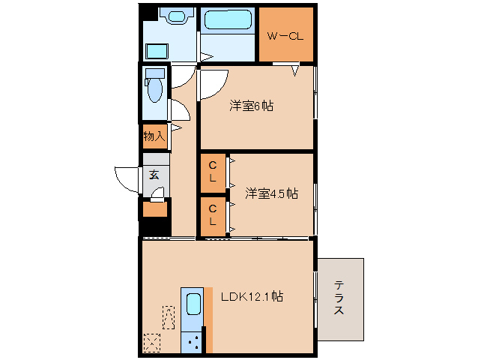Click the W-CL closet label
pos(285,35)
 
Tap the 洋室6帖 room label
pos(251,106)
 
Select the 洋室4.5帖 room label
pos(271,193)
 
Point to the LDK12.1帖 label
pos(251,296)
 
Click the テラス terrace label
pos(339,298)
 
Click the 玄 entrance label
pos(154,175)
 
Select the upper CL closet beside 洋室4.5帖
pos(213,172)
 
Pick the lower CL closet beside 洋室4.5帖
pos(213,215)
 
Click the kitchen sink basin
pos(193,304)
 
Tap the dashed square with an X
pos(152,343)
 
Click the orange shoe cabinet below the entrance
pos(156,209)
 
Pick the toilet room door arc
pos(180,111)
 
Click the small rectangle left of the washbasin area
pos(157,51)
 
